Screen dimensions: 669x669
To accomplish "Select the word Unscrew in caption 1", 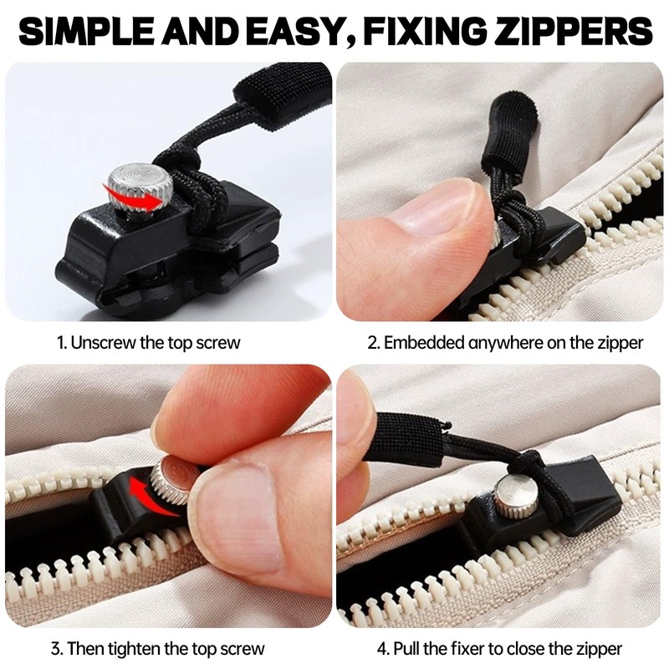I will click(x=101, y=342).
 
